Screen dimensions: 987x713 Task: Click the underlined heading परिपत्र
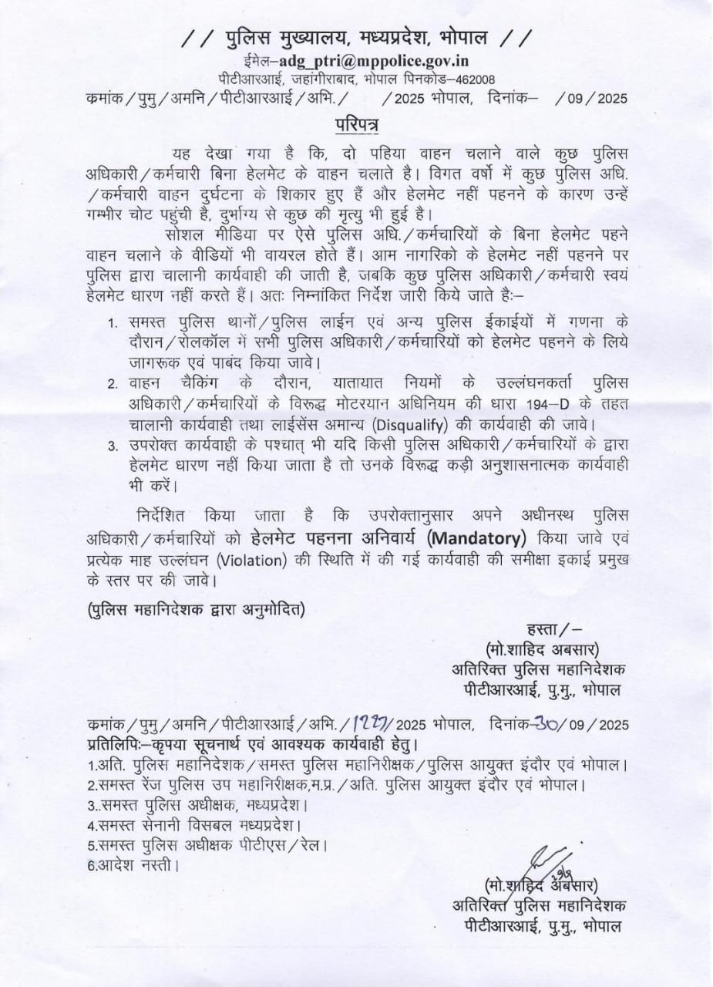pos(357,123)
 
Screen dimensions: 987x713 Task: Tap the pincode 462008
pos(471,79)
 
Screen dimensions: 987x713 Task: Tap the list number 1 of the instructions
pos(113,320)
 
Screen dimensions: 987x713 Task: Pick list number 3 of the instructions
pos(113,446)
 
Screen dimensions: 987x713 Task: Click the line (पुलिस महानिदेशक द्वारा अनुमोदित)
pos(195,610)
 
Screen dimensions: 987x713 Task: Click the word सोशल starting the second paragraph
pos(181,233)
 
